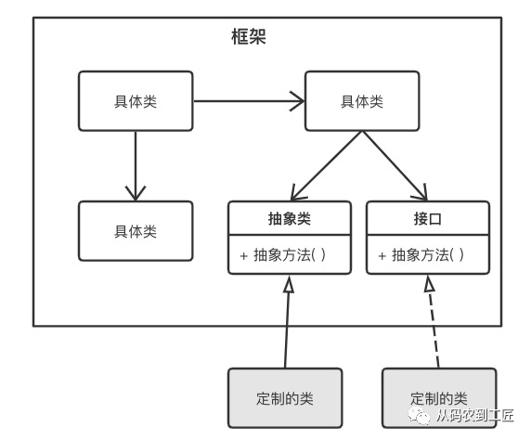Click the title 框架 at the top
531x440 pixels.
pyautogui.click(x=249, y=37)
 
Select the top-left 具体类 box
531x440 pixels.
pyautogui.click(x=136, y=101)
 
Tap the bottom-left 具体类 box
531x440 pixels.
pyautogui.click(x=136, y=230)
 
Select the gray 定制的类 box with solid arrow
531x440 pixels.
pyautogui.click(x=285, y=397)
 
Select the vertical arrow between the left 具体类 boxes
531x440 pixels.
pyautogui.click(x=136, y=162)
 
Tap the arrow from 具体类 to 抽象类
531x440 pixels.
pyautogui.click(x=325, y=165)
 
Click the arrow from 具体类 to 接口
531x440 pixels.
pyautogui.click(x=395, y=165)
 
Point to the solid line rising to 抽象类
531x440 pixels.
pyautogui.click(x=287, y=330)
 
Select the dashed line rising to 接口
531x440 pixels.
pyautogui.click(x=432, y=330)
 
